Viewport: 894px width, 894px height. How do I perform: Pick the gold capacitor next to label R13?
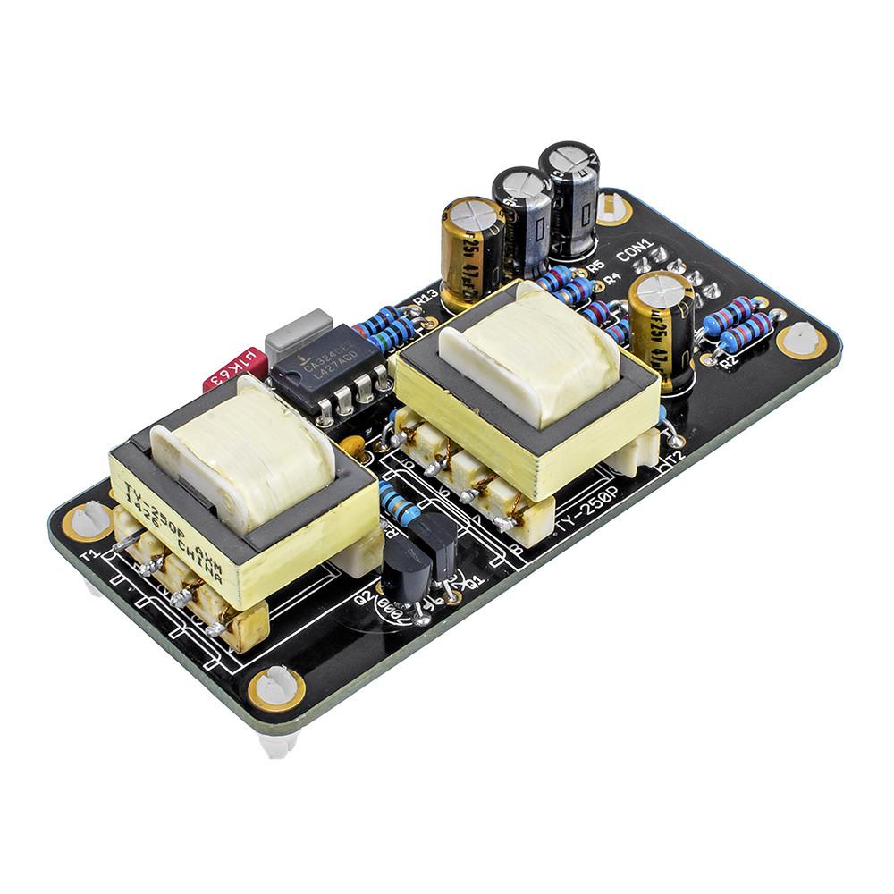(x=472, y=250)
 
